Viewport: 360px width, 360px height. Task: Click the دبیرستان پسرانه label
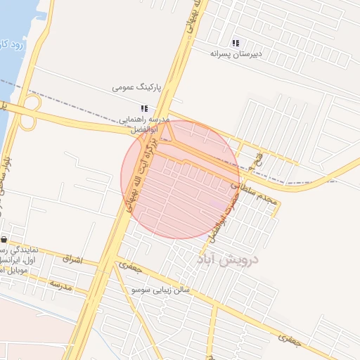point(236,53)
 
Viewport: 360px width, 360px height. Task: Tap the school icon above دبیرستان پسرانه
point(236,43)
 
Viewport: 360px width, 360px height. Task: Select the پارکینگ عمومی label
point(136,89)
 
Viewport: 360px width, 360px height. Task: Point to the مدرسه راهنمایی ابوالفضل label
point(144,125)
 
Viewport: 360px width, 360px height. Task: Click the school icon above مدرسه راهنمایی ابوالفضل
point(144,108)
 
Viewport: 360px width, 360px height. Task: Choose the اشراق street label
point(72,260)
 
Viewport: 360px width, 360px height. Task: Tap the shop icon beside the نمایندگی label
point(4,240)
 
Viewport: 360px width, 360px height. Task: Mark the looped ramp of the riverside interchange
point(29,120)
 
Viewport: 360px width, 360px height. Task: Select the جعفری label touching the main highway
point(131,267)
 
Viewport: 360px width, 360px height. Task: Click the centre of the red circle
point(181,179)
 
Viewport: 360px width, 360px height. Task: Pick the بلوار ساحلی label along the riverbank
point(7,179)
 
